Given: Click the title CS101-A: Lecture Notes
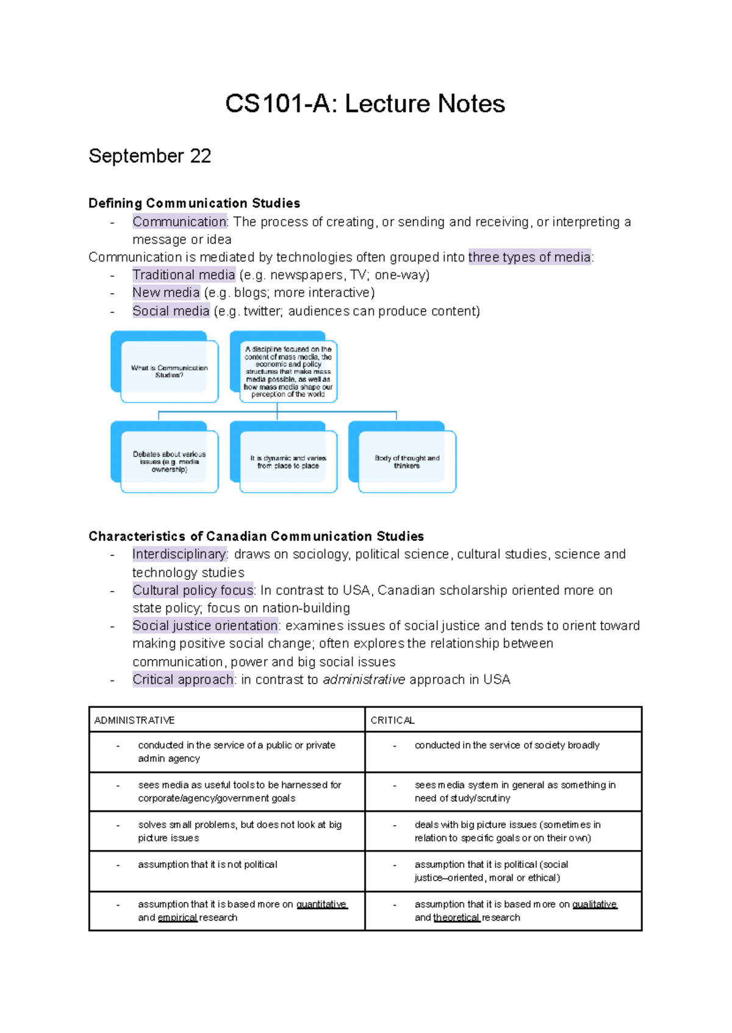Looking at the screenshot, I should point(365,104).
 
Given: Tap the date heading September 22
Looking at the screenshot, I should point(150,156).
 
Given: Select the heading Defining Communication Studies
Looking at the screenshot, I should point(194,203).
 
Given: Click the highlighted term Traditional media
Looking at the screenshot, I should point(184,275).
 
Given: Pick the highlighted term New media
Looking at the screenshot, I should point(166,293).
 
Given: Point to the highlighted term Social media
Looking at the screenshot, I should point(171,311).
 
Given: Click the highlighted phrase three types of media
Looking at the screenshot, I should point(529,257).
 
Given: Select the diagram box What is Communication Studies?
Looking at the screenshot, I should point(169,371).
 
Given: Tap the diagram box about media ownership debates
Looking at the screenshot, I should point(169,462).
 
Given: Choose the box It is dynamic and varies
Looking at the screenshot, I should point(288,462).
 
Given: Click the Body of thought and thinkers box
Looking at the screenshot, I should point(407,462).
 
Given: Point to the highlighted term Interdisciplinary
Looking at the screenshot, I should point(179,554).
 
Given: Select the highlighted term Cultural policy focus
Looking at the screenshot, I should point(193,590).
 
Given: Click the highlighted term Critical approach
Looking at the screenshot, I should point(183,680).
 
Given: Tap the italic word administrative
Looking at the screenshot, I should point(364,680).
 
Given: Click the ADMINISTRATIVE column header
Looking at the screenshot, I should point(135,720).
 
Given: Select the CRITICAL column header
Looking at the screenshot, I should point(392,720).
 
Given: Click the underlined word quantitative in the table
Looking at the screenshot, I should point(321,904).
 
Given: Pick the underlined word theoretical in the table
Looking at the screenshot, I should point(456,918).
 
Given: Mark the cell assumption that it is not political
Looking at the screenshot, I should point(207,865).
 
